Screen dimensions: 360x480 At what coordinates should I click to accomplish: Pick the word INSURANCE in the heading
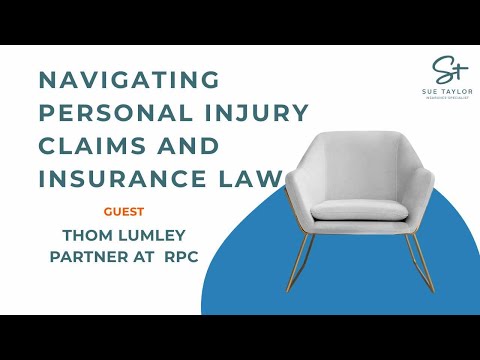pyautogui.click(x=119, y=180)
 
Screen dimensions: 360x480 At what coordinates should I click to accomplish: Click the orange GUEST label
pyautogui.click(x=124, y=212)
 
